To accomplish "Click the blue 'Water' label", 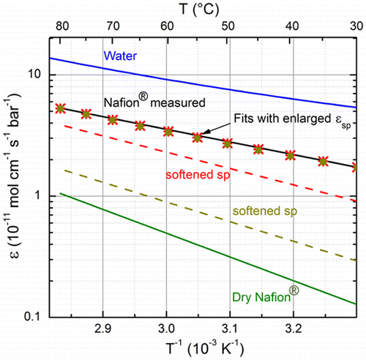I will pyautogui.click(x=118, y=56).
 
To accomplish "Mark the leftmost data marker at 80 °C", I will pyautogui.click(x=60, y=108).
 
